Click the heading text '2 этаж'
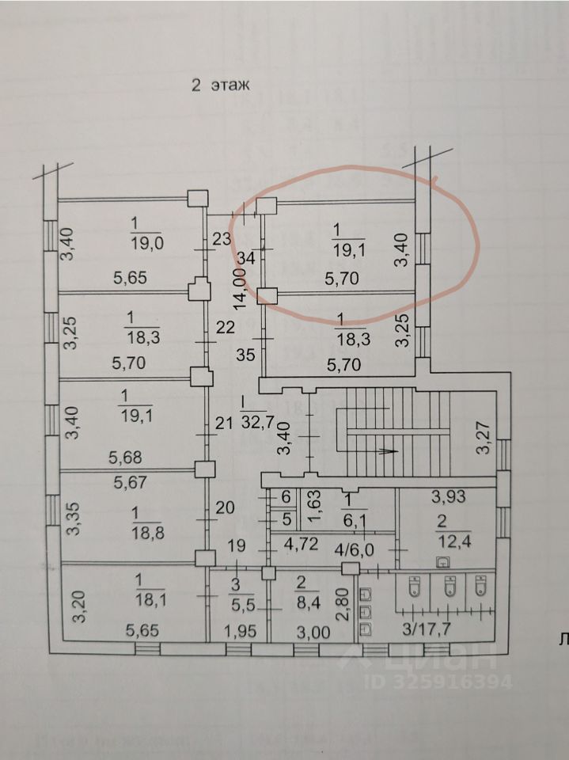[x=221, y=85]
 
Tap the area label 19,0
[x=148, y=243]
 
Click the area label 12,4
[x=453, y=541]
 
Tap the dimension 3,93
[x=448, y=497]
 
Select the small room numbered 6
[x=287, y=499]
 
